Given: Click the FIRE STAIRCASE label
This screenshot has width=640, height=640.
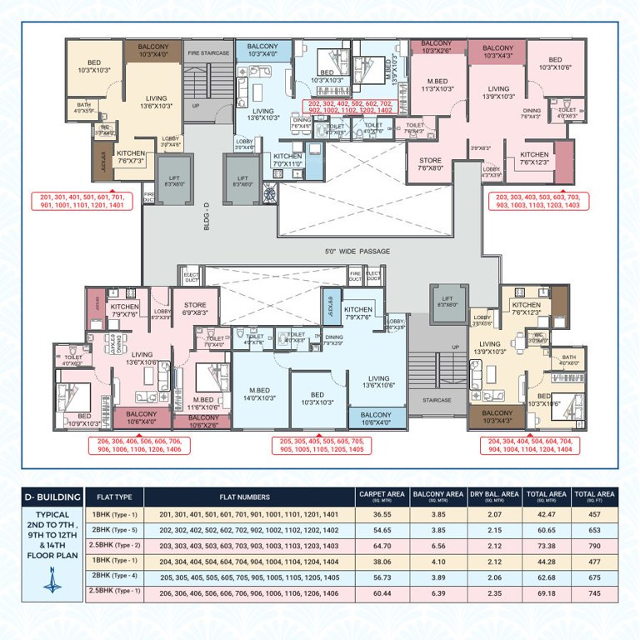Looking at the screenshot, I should click(x=208, y=53).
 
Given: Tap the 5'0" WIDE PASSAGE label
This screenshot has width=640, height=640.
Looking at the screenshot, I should click(x=357, y=251).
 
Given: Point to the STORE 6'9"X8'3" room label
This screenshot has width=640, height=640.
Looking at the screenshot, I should click(x=194, y=307).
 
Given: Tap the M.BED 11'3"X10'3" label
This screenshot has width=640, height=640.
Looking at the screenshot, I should click(x=437, y=84).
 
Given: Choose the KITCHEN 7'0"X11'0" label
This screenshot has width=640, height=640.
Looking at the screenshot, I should click(x=287, y=159).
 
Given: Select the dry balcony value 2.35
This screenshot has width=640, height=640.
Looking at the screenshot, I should click(x=493, y=593).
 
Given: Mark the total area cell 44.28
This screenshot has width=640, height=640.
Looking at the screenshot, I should click(x=546, y=562).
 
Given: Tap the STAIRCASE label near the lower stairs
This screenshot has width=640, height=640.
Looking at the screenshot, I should click(x=436, y=400).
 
